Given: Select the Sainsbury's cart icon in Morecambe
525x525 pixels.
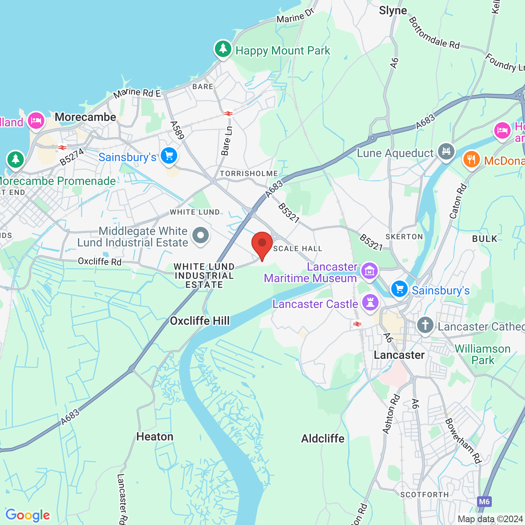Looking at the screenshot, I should point(169,156).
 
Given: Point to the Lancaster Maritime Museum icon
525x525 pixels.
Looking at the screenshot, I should point(370,271).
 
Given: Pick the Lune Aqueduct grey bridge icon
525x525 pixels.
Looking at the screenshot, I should point(446,152).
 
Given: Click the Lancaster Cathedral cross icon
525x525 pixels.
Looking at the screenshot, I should point(425,326).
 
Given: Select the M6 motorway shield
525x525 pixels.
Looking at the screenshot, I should point(484,501).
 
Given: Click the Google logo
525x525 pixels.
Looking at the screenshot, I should point(28,515).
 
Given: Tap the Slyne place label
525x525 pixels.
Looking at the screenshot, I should point(393,11).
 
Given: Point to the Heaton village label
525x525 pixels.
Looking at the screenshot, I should point(155,436).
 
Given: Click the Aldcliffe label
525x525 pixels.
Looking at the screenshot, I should point(323,438).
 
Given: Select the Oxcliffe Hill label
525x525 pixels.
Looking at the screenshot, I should point(200,321).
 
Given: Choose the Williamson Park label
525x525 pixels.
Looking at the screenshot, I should point(483,354).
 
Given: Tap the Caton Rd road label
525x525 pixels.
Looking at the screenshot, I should point(458,201).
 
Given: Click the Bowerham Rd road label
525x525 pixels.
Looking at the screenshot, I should point(463,441).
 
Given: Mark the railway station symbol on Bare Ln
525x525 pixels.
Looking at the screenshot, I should point(228,114).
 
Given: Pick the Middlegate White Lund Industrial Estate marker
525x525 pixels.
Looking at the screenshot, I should point(201,236).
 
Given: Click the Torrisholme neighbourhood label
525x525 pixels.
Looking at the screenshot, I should point(249,173).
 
